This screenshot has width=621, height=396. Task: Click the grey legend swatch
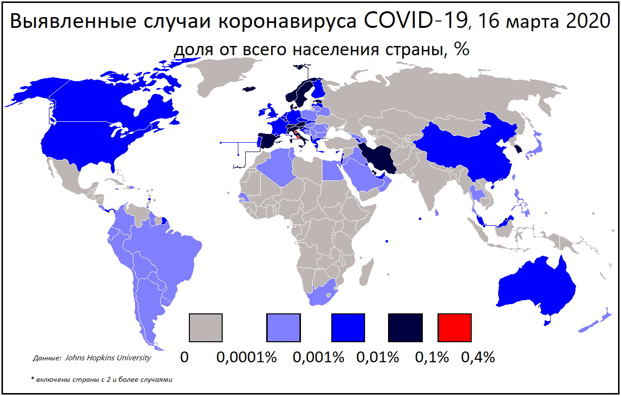[x=206, y=328]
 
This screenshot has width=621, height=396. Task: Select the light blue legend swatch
[x=283, y=328]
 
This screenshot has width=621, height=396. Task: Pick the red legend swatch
[x=455, y=328]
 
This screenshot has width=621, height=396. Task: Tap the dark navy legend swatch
[x=406, y=328]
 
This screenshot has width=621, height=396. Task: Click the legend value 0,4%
[x=478, y=357]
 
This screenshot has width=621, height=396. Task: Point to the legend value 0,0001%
[x=247, y=357]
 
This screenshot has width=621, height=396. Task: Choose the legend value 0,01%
[x=378, y=357]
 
